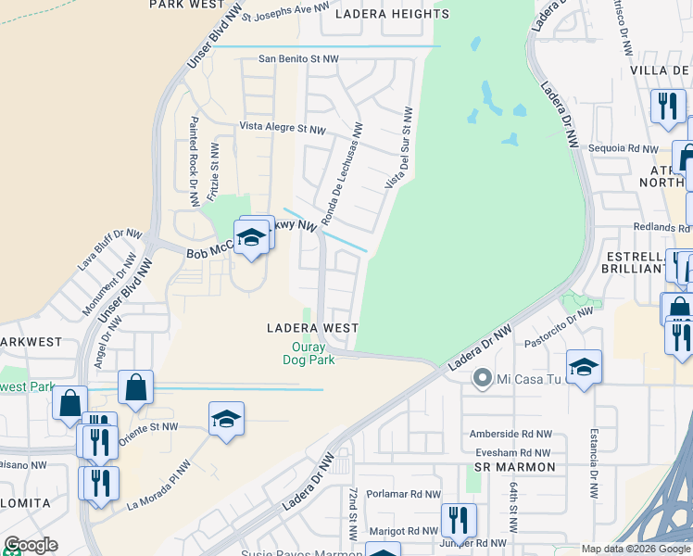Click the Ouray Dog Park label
(309, 354)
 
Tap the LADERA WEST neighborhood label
(312, 328)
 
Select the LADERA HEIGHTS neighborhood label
(392, 14)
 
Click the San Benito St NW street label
(298, 58)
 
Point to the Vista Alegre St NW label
(283, 128)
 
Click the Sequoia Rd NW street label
(629, 147)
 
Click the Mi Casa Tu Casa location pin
(481, 378)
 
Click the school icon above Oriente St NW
(226, 419)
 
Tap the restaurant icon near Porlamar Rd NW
(459, 520)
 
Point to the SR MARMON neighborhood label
(514, 467)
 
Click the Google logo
(31, 545)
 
